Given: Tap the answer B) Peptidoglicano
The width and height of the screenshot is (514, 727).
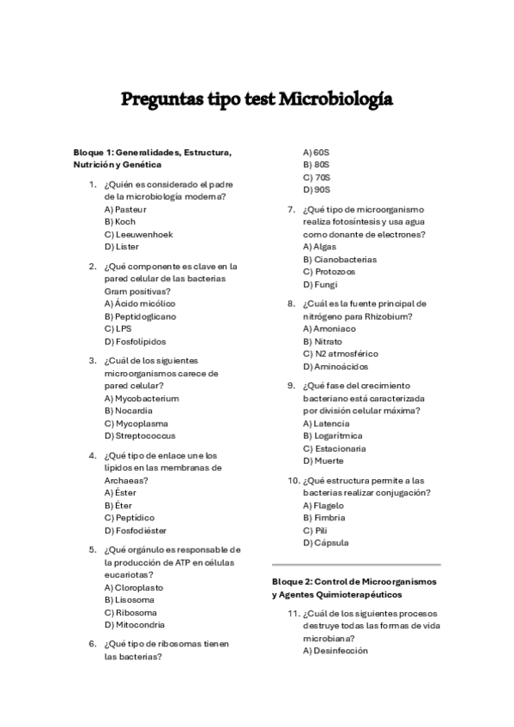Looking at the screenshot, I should point(140,315).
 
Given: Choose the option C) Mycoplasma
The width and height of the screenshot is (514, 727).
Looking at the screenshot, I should point(136,424).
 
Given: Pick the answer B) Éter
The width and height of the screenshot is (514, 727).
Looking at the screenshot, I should point(118,506).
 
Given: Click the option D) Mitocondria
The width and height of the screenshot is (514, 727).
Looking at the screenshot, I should point(135,625).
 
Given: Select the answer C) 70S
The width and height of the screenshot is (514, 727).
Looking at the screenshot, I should point(317,177).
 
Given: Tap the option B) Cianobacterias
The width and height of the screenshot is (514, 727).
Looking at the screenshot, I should point(339,259).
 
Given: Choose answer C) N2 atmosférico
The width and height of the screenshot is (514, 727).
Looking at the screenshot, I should point(341,353).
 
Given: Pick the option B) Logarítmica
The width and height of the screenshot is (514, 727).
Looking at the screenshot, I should point(332,436).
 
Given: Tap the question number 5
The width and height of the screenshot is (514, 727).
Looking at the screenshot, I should point(93,550).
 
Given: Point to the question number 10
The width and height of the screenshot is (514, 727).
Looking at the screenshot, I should point(293,480).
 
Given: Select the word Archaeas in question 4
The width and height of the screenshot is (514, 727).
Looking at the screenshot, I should point(127,481).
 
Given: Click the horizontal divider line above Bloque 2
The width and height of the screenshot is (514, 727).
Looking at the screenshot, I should point(355,565).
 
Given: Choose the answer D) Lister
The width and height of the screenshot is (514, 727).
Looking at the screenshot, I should point(122,246).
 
